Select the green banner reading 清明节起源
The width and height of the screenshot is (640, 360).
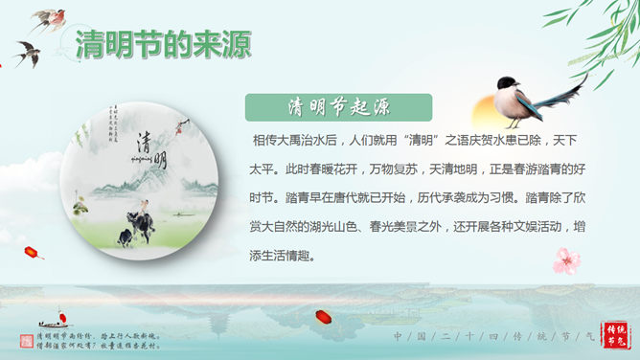331,106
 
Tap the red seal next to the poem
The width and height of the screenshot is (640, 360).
26,341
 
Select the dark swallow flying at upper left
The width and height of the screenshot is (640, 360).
26,53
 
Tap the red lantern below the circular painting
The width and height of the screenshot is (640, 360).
34,253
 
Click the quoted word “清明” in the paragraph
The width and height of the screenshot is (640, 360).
428,141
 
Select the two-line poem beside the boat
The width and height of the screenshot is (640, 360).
96,340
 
